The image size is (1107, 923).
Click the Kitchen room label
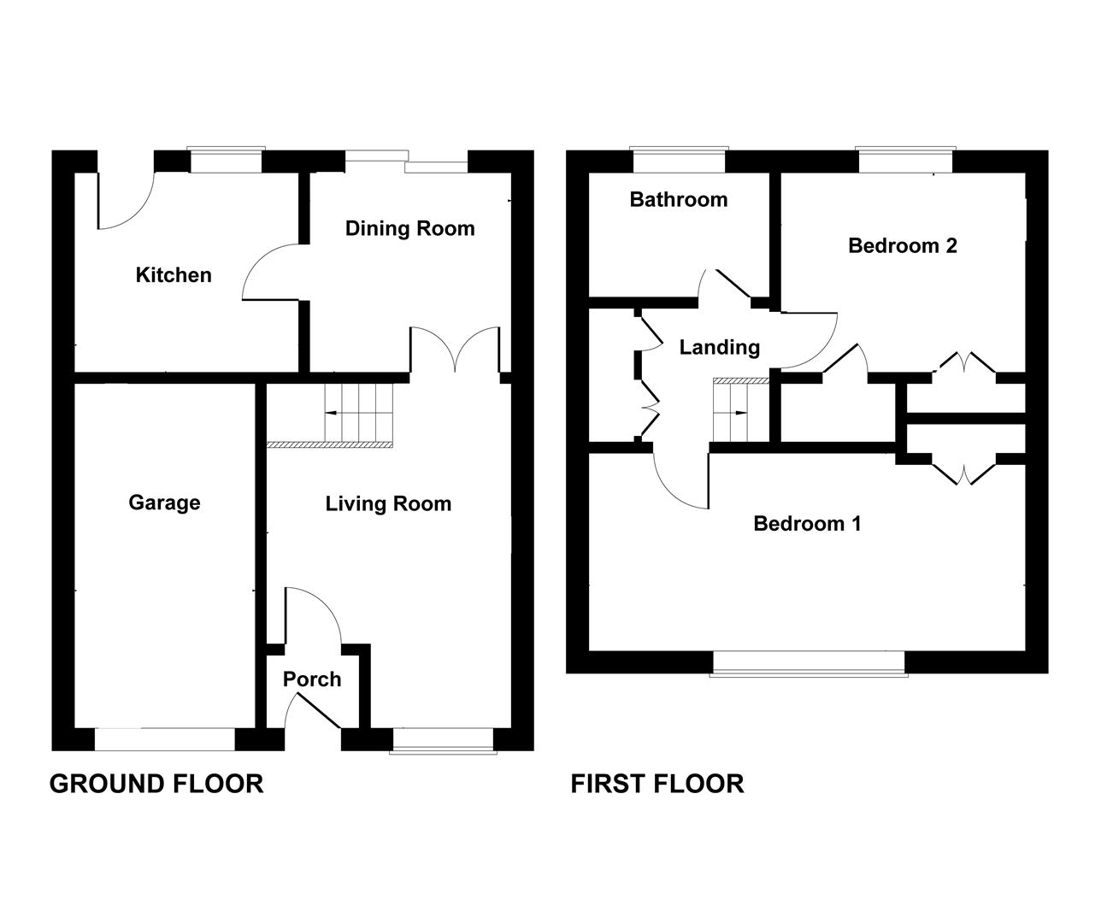[x=174, y=275]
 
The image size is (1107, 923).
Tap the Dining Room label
[x=409, y=228]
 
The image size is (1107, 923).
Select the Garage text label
[x=164, y=503]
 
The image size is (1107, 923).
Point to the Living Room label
[x=388, y=504]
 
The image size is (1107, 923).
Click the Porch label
[x=312, y=679]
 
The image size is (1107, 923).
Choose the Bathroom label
[x=679, y=199]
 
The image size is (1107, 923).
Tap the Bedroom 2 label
[x=902, y=246]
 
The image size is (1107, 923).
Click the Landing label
[x=719, y=347]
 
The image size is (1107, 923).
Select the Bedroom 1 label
[x=807, y=523]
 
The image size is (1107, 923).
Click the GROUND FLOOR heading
[x=156, y=783]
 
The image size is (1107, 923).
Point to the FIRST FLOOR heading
[x=657, y=783]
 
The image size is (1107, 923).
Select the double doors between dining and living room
[x=455, y=350]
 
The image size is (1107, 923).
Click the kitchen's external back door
[x=125, y=202]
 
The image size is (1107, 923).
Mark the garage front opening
[x=164, y=738]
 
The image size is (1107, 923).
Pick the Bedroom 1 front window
[x=809, y=663]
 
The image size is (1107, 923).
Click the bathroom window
[x=679, y=161]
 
